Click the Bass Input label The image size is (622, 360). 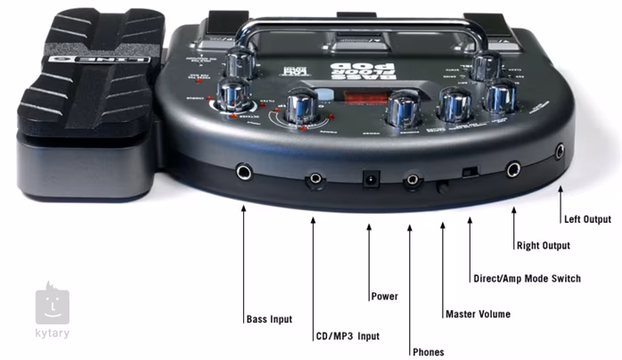(x=268, y=319)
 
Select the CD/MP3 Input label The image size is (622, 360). (x=347, y=336)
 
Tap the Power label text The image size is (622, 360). (x=384, y=296)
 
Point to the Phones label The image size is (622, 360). (x=428, y=351)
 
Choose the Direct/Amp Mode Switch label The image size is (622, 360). (x=526, y=279)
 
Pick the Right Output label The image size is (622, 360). (x=544, y=245)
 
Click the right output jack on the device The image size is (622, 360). (x=513, y=168)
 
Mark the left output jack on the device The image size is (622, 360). (x=559, y=152)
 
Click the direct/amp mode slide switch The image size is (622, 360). (x=470, y=171)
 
